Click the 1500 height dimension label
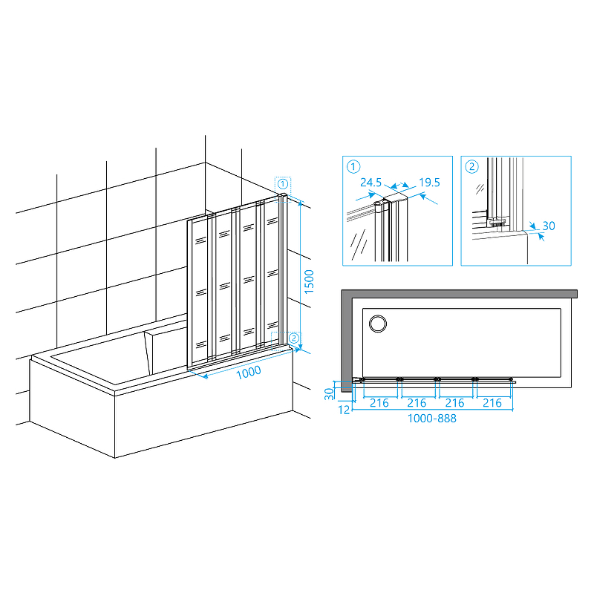click(309, 281)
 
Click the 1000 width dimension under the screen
click(249, 373)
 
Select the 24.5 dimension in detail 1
click(371, 183)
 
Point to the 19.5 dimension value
click(429, 183)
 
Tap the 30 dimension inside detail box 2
click(549, 226)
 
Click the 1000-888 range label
click(432, 419)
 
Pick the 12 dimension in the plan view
click(344, 410)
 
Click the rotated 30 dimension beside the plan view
click(329, 394)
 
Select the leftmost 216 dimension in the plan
click(379, 403)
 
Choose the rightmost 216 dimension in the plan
click(492, 403)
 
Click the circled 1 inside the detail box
click(353, 166)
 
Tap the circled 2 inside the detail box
click(471, 166)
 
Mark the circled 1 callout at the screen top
click(283, 184)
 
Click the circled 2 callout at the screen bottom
click(294, 338)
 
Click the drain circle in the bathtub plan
click(378, 324)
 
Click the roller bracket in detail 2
click(496, 222)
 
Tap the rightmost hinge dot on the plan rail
click(511, 379)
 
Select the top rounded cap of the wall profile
click(283, 195)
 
